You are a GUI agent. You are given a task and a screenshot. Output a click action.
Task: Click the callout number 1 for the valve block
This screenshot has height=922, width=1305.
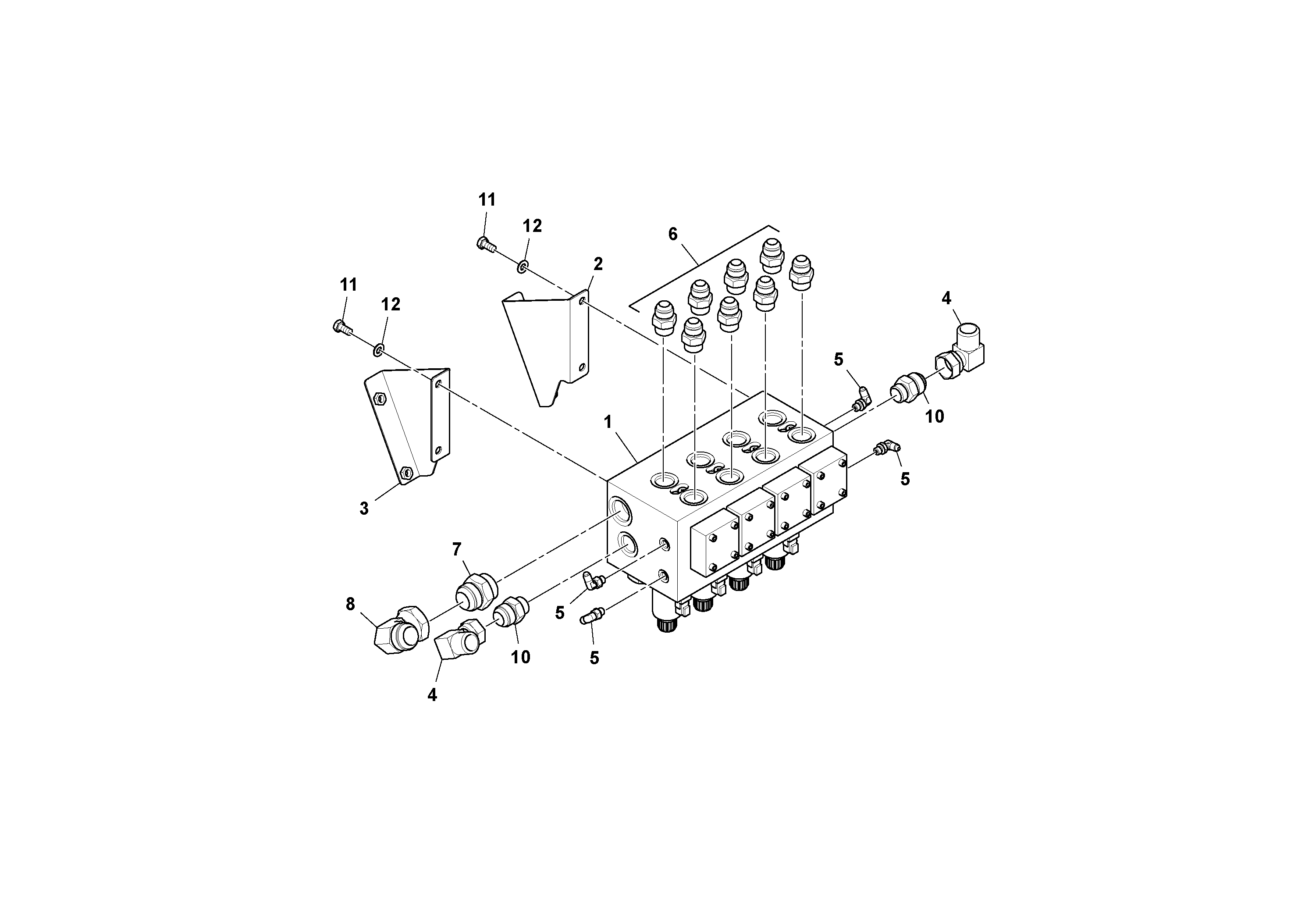coord(608,422)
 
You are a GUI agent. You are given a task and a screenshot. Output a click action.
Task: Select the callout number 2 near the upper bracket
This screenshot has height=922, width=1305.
coord(598,264)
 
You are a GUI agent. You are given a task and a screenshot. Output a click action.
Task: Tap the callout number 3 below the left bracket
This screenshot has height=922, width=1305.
coord(364,508)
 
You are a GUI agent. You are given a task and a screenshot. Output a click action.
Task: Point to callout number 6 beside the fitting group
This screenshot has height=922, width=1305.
coord(673,234)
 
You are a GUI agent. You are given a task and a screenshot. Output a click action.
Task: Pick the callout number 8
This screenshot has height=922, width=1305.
coord(350,604)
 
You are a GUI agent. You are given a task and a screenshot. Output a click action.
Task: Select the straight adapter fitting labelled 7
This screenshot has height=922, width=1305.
coord(476,592)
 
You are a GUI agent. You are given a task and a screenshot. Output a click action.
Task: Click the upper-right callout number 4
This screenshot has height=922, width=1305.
coord(946,299)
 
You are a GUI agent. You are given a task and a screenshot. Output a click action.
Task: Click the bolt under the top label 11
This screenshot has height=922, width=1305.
coord(484,245)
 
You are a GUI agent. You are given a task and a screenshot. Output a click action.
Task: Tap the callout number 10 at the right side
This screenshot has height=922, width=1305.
coord(935,417)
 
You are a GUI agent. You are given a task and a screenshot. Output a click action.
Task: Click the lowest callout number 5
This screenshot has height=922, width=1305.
coord(594,658)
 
